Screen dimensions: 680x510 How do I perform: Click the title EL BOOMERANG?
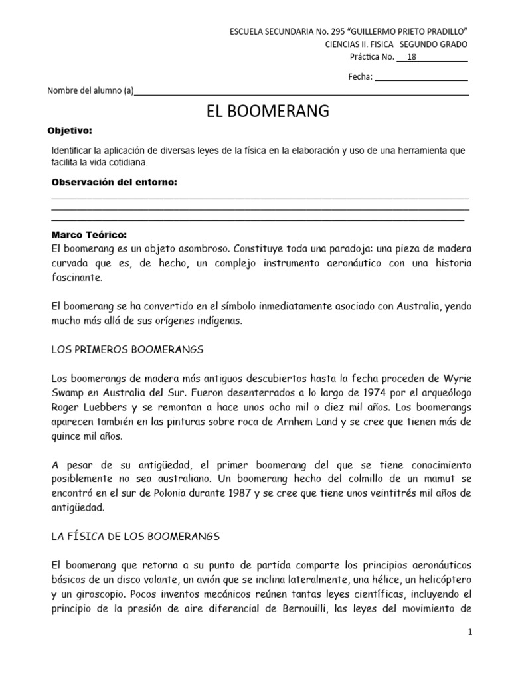coord(268,111)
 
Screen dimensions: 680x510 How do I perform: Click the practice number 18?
coord(412,56)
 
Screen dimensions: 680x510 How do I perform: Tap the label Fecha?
coord(360,76)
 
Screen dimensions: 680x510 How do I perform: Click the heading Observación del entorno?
coord(114,182)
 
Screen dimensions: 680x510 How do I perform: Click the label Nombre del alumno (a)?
coord(90,92)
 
